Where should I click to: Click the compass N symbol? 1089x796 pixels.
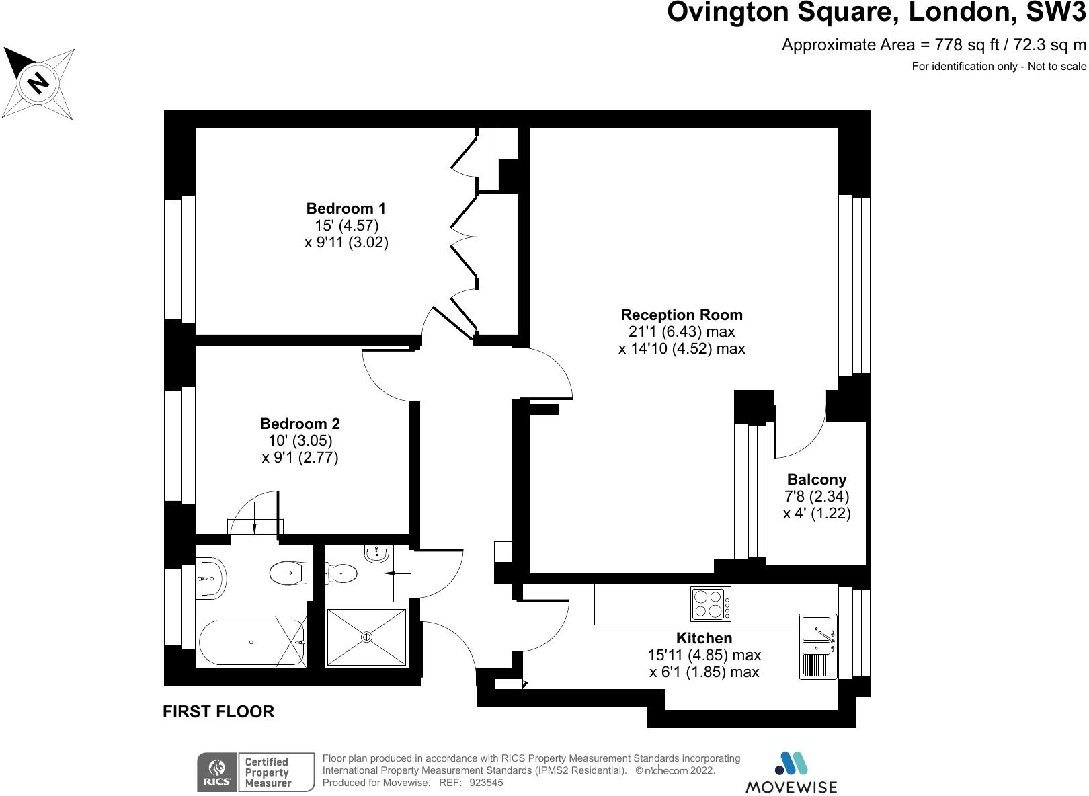[38, 83]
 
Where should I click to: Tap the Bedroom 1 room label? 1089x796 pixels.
[346, 208]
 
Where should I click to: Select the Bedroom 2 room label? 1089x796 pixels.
[300, 424]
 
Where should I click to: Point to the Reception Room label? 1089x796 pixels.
[682, 315]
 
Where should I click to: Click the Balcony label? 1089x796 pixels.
[817, 479]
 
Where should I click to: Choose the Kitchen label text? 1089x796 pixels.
[704, 638]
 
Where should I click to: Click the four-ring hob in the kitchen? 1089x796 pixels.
[711, 604]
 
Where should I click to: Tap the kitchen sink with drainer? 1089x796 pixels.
[818, 645]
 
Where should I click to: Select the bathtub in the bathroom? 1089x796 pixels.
[251, 643]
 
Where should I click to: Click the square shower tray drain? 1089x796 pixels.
[366, 637]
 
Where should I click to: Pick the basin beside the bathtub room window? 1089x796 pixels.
[212, 578]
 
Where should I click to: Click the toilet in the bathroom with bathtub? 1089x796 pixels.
[288, 573]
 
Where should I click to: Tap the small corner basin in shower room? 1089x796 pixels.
[376, 554]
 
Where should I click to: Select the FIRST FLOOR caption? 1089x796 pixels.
[218, 711]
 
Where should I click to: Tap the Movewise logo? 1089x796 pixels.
[791, 772]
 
